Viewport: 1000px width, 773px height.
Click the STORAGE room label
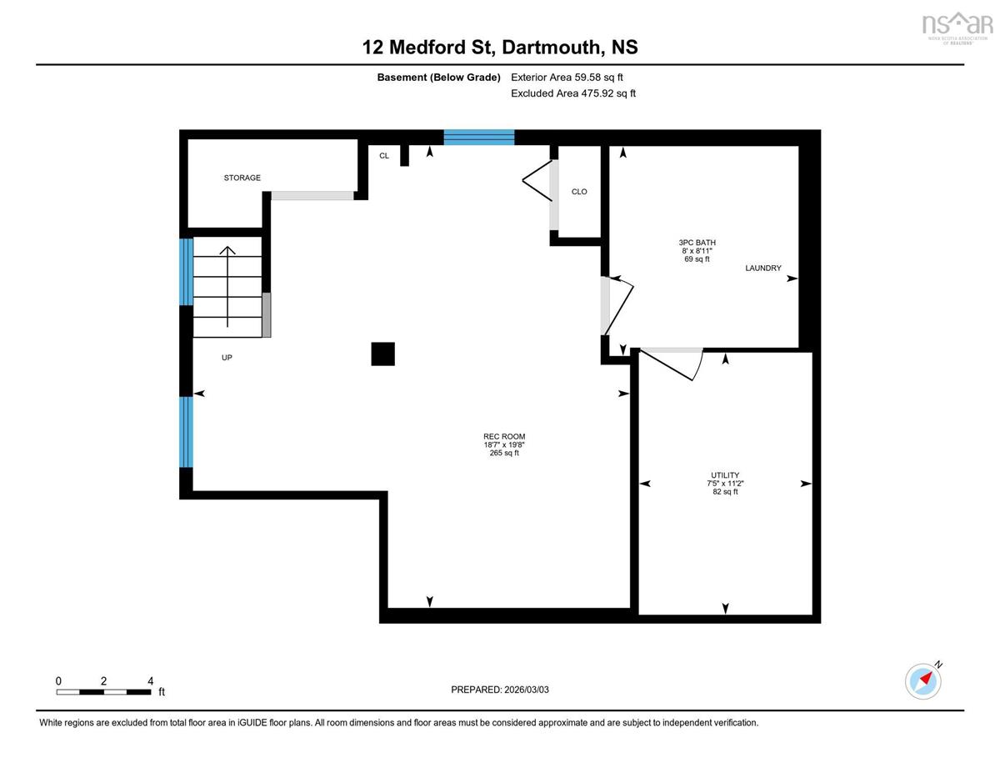242,178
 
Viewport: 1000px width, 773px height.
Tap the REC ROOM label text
504,436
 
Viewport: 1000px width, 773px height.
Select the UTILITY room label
725,475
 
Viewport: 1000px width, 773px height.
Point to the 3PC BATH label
697,243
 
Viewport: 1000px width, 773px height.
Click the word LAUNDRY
763,268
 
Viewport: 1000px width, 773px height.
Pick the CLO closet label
579,192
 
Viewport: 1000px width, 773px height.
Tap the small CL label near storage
384,156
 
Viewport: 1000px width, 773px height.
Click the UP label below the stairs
227,358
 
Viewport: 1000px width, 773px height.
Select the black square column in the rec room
382,354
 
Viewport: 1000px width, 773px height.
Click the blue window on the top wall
479,138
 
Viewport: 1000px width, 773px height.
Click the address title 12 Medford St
429,48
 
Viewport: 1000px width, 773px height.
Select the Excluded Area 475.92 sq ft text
573,93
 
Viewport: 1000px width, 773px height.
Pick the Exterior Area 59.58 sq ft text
567,78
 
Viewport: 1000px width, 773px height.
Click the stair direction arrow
227,287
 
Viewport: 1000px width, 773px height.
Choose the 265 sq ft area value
504,453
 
